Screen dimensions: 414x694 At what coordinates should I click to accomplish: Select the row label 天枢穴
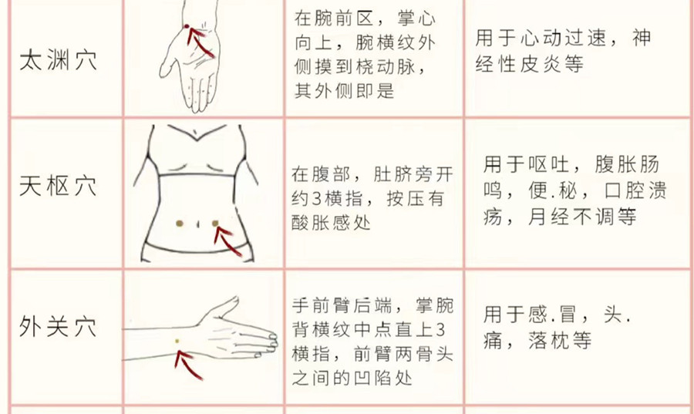[58, 186]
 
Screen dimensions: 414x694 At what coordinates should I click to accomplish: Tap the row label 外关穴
[58, 326]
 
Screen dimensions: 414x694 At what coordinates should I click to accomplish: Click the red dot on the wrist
[187, 29]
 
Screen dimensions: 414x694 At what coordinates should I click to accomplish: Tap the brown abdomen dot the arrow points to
[216, 224]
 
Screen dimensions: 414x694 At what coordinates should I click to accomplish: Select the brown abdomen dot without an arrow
[180, 224]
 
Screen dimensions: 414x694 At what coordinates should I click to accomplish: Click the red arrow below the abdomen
[229, 243]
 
